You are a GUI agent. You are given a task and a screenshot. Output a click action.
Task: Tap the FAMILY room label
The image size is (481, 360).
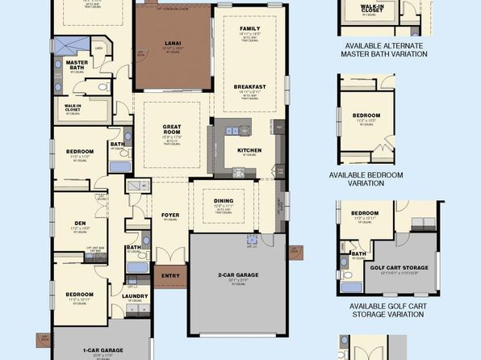point(249,28)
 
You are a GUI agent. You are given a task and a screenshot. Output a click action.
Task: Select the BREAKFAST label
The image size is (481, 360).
point(250,86)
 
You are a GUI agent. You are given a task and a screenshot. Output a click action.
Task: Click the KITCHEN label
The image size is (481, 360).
point(249,150)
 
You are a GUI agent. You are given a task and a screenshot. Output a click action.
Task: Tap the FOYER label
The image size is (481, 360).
point(169,215)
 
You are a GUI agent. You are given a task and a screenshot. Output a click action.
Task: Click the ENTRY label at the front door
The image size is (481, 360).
point(170,274)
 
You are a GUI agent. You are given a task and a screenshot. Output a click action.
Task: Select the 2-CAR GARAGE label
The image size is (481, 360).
point(238,275)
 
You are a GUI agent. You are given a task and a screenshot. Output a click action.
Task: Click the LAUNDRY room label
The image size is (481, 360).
point(134,295)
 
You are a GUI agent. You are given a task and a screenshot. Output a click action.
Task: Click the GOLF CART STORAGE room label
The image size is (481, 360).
point(399,267)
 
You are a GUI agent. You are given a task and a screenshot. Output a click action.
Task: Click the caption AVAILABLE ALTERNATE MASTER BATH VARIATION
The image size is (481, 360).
point(385,50)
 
